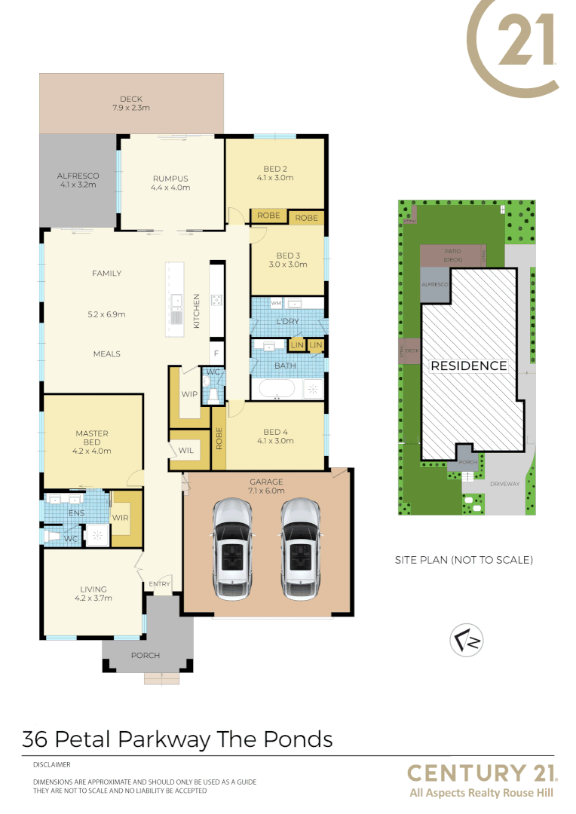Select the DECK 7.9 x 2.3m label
[x=131, y=103]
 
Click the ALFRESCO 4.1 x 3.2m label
[x=78, y=180]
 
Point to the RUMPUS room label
[x=170, y=183]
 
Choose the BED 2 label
[x=275, y=173]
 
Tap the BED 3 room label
[x=288, y=260]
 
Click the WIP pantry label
[x=189, y=393]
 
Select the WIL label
[x=186, y=451]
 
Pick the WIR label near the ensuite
[x=121, y=518]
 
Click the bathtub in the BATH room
[x=276, y=389]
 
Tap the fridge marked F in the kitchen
[x=216, y=353]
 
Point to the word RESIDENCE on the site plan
[x=468, y=366]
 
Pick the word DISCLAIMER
[x=51, y=764]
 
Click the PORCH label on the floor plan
[x=146, y=655]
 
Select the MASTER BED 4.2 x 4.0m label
[x=92, y=442]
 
